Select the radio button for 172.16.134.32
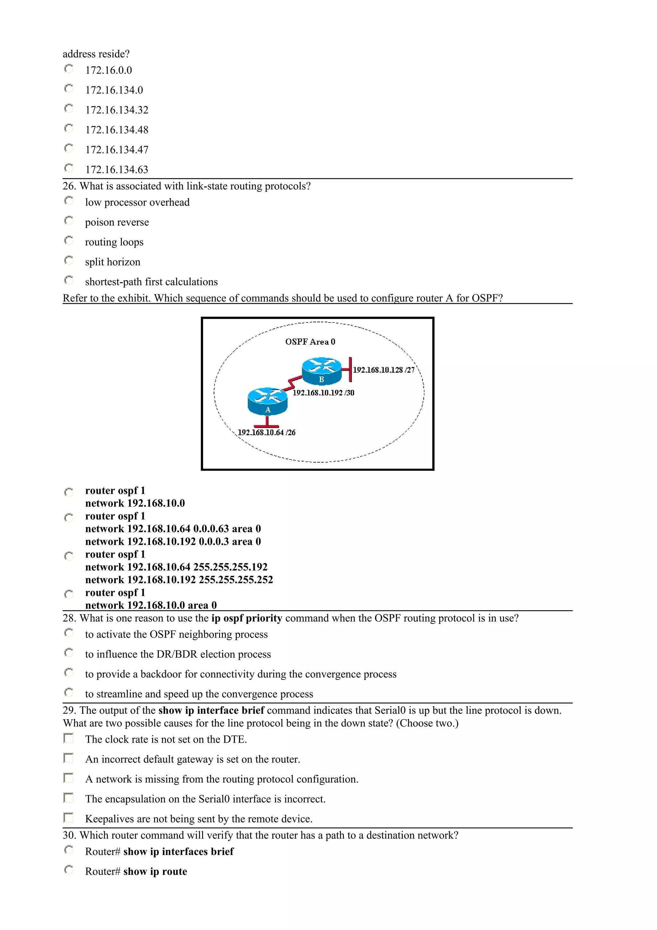(x=69, y=108)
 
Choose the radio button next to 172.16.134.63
(x=69, y=168)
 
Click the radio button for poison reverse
(x=69, y=221)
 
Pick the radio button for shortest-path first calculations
(x=69, y=280)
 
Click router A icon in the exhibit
(x=267, y=401)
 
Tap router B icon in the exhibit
(x=322, y=371)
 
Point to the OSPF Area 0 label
(x=310, y=342)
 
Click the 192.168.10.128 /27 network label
(x=383, y=370)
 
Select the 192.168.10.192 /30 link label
(x=323, y=393)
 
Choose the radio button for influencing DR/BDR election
(x=69, y=653)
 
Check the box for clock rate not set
(x=69, y=738)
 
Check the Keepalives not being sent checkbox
(x=69, y=817)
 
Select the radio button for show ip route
(x=69, y=870)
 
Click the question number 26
(x=69, y=186)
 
